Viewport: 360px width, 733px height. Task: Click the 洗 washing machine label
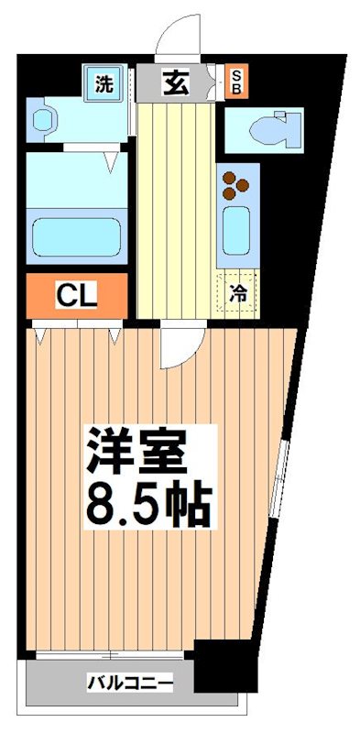point(104,84)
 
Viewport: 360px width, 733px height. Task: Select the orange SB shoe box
point(235,82)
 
